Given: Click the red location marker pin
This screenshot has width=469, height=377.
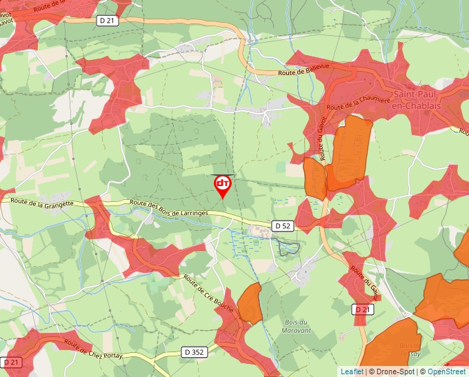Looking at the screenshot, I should click(223, 185).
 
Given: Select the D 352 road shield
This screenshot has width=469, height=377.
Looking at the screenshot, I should click(195, 351).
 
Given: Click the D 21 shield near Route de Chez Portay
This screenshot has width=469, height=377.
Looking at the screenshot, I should click(11, 362).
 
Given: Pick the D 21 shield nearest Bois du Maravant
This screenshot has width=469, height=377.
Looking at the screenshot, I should click(363, 310).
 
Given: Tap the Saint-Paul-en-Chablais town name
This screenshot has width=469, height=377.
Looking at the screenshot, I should click(416, 100).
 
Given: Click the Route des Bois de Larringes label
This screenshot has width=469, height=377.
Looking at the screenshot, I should click(168, 208).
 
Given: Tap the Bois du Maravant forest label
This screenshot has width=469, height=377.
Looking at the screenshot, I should click(297, 326).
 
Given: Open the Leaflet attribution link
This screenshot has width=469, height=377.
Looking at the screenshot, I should click(351, 371).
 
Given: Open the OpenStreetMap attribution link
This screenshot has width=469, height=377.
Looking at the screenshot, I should click(446, 371).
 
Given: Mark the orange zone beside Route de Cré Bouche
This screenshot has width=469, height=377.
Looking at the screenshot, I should click(250, 303).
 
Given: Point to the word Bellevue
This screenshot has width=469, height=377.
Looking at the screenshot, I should click(315, 68).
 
